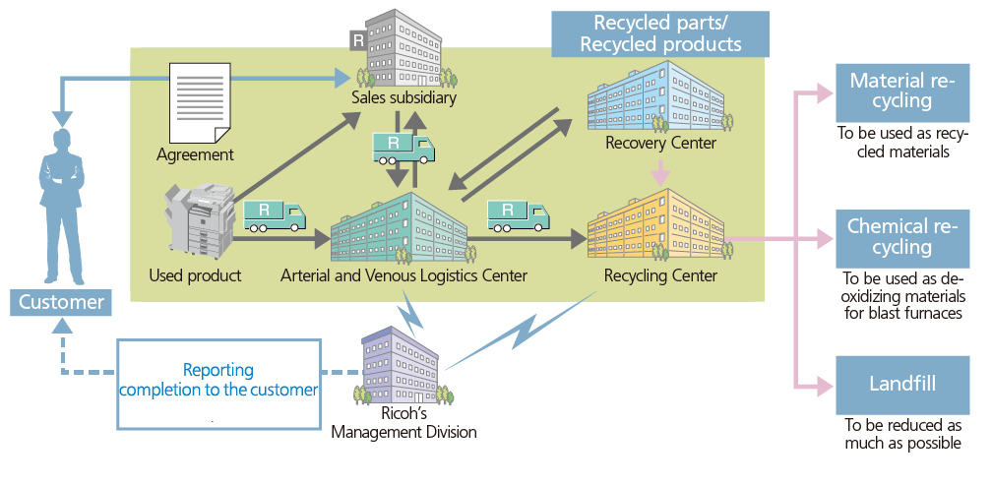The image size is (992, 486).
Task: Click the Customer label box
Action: [x=61, y=302]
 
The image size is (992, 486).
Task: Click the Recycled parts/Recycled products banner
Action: [x=659, y=33]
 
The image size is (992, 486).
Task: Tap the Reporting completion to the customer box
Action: [x=218, y=382]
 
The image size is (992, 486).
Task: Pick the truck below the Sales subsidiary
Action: [x=403, y=149]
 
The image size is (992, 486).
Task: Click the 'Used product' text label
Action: [x=195, y=275]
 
